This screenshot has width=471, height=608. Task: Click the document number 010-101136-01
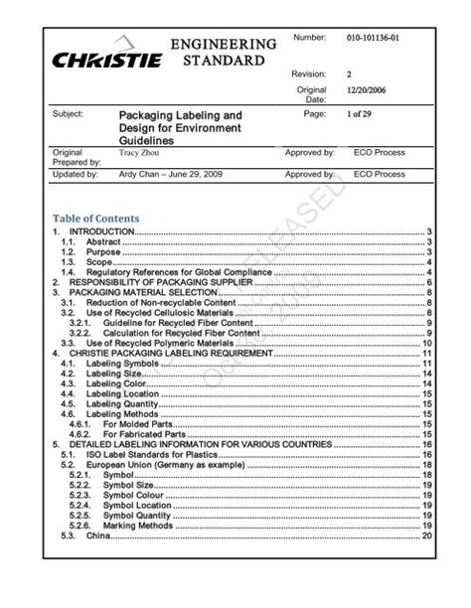pyautogui.click(x=376, y=39)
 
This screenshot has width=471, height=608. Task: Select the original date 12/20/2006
pyautogui.click(x=366, y=90)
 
